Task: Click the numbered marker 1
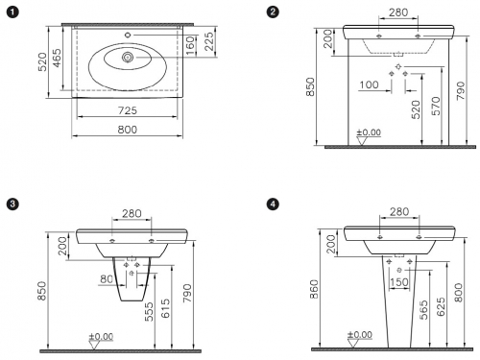pos(12,12)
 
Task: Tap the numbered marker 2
pos(273,12)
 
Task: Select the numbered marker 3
pos(12,204)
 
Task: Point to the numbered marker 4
pos(273,204)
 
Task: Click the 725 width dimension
pos(128,110)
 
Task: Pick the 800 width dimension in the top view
pos(128,130)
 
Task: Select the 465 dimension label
pos(57,58)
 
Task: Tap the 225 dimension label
pos(208,41)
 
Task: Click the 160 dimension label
pos(190,45)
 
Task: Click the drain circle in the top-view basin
pos(128,58)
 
